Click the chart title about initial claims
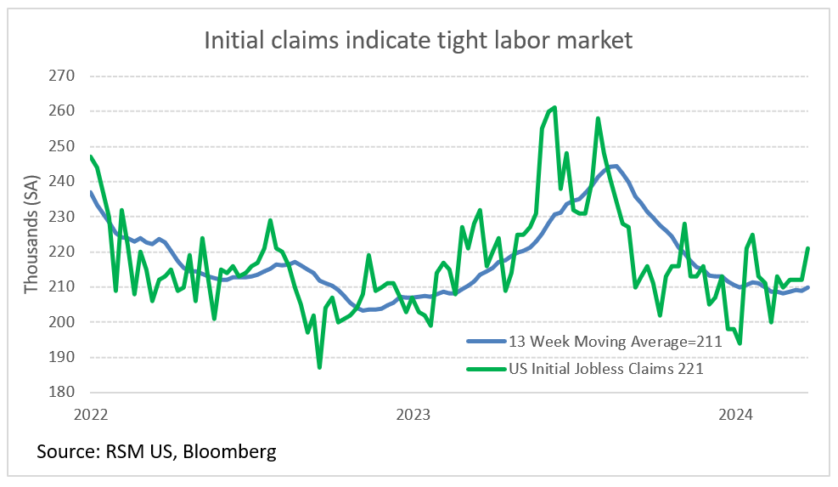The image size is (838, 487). click(x=418, y=40)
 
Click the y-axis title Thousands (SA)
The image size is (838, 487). click(x=31, y=235)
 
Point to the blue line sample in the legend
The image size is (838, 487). click(x=485, y=342)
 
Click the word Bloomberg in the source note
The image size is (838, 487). click(x=228, y=451)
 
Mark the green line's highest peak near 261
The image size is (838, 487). click(x=554, y=107)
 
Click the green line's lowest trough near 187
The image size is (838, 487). click(x=319, y=367)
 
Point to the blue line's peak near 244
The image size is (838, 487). click(x=615, y=166)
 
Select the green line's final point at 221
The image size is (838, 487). click(x=807, y=248)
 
